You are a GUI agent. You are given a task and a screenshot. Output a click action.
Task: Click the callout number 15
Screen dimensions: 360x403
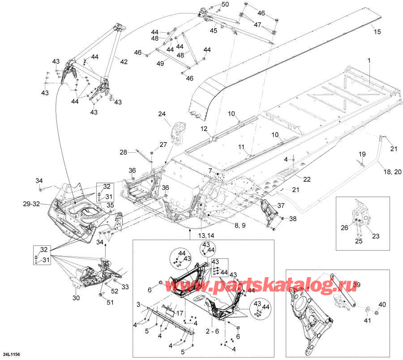(377, 32)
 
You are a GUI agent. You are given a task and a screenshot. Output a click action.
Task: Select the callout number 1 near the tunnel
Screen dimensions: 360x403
(369, 60)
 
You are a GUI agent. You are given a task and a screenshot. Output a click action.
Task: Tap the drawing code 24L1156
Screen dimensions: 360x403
(10, 354)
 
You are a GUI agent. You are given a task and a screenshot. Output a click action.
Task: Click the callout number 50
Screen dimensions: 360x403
(225, 4)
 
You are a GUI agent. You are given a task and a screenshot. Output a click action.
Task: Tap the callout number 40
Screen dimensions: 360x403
(382, 304)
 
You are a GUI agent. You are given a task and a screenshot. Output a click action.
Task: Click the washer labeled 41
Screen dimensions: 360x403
(368, 309)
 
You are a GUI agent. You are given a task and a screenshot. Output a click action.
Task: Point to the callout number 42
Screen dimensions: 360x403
(124, 61)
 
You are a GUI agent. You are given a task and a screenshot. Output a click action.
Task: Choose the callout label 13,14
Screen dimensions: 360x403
(189, 236)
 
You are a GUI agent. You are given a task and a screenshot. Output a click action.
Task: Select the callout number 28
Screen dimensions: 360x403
(123, 152)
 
